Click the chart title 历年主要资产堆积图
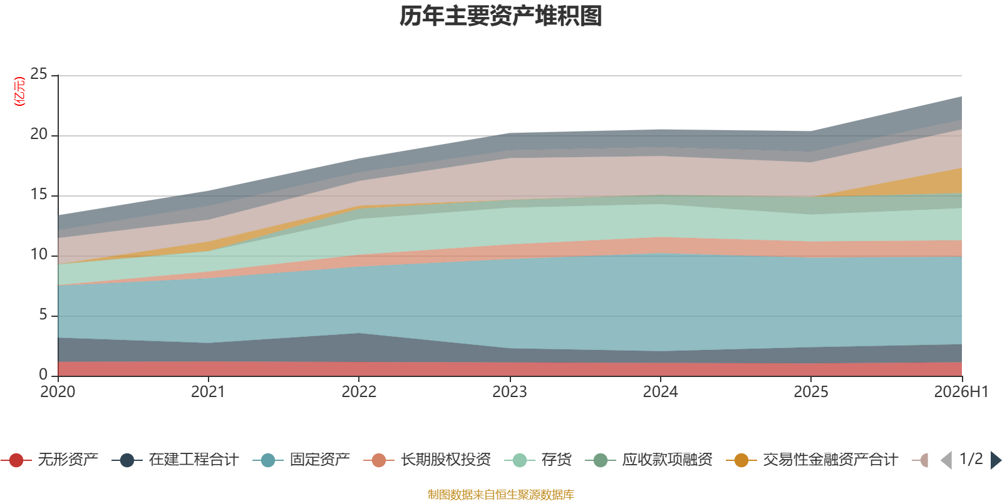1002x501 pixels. [x=500, y=16]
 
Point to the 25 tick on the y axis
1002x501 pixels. [x=38, y=74]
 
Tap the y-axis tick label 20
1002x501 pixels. [x=38, y=134]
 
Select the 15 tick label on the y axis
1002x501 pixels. [x=38, y=194]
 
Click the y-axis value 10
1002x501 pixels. [x=38, y=254]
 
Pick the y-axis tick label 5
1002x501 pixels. [x=43, y=314]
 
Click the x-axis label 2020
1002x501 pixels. [x=58, y=392]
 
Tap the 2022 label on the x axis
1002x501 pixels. [x=359, y=392]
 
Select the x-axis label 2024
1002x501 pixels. [x=660, y=392]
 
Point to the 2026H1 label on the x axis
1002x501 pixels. [x=961, y=392]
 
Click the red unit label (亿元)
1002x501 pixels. [x=19, y=91]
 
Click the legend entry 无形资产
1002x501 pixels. [x=49, y=460]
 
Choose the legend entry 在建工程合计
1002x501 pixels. [x=175, y=460]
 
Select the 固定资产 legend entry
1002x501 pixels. [x=301, y=460]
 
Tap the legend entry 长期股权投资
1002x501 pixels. [x=427, y=460]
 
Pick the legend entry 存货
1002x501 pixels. [x=538, y=460]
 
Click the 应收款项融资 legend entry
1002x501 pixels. [x=649, y=460]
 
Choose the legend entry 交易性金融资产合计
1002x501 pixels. [x=812, y=460]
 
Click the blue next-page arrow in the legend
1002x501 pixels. [x=996, y=460]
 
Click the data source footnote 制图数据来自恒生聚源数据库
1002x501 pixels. [x=500, y=494]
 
